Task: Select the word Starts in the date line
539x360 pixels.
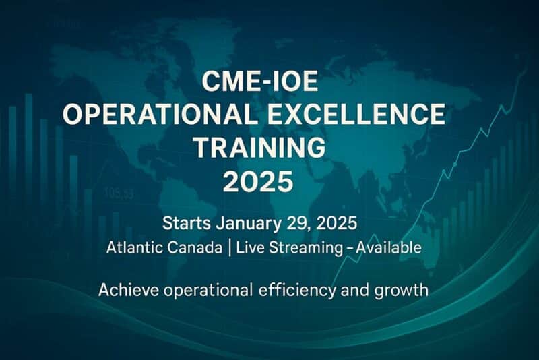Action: coord(187,222)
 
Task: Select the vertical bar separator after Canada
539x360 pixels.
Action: coord(230,247)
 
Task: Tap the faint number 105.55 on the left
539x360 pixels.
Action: coord(118,193)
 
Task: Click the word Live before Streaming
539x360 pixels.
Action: coord(252,247)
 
